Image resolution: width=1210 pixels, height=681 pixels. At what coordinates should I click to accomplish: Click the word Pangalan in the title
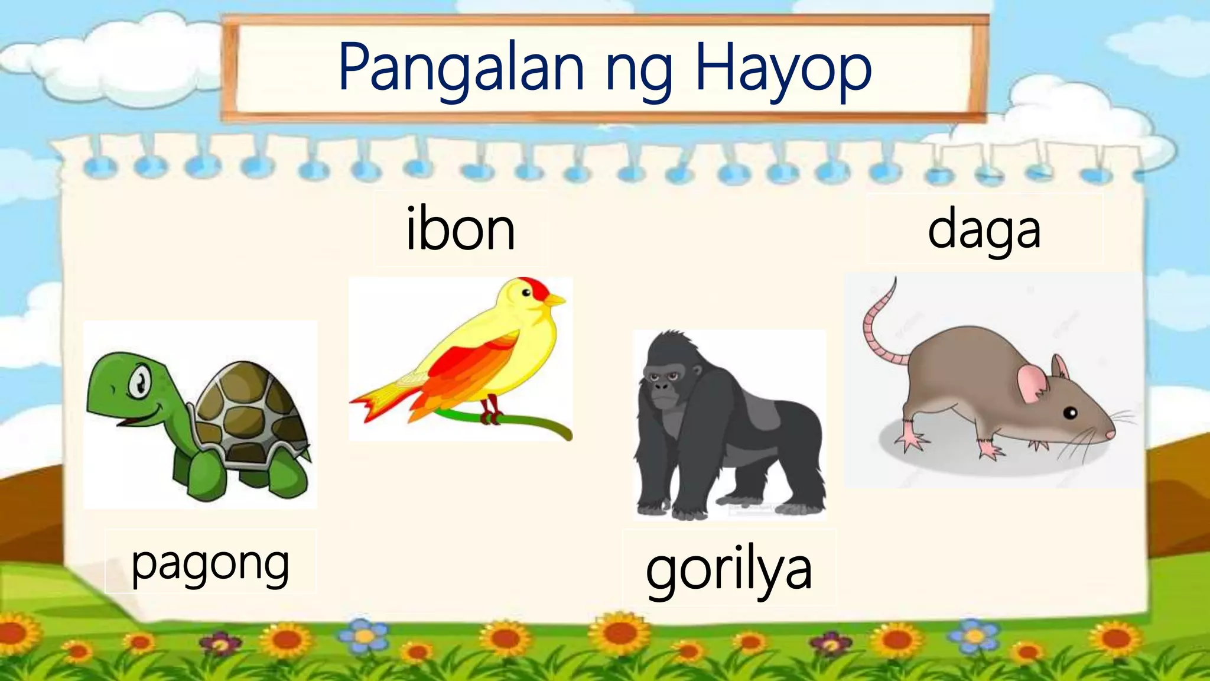[461, 68]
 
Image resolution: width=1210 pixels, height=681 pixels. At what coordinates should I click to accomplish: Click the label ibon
[460, 229]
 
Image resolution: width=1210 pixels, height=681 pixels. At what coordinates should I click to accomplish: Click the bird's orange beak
[555, 301]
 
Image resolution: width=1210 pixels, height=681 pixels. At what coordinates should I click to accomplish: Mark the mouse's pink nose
[1111, 434]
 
